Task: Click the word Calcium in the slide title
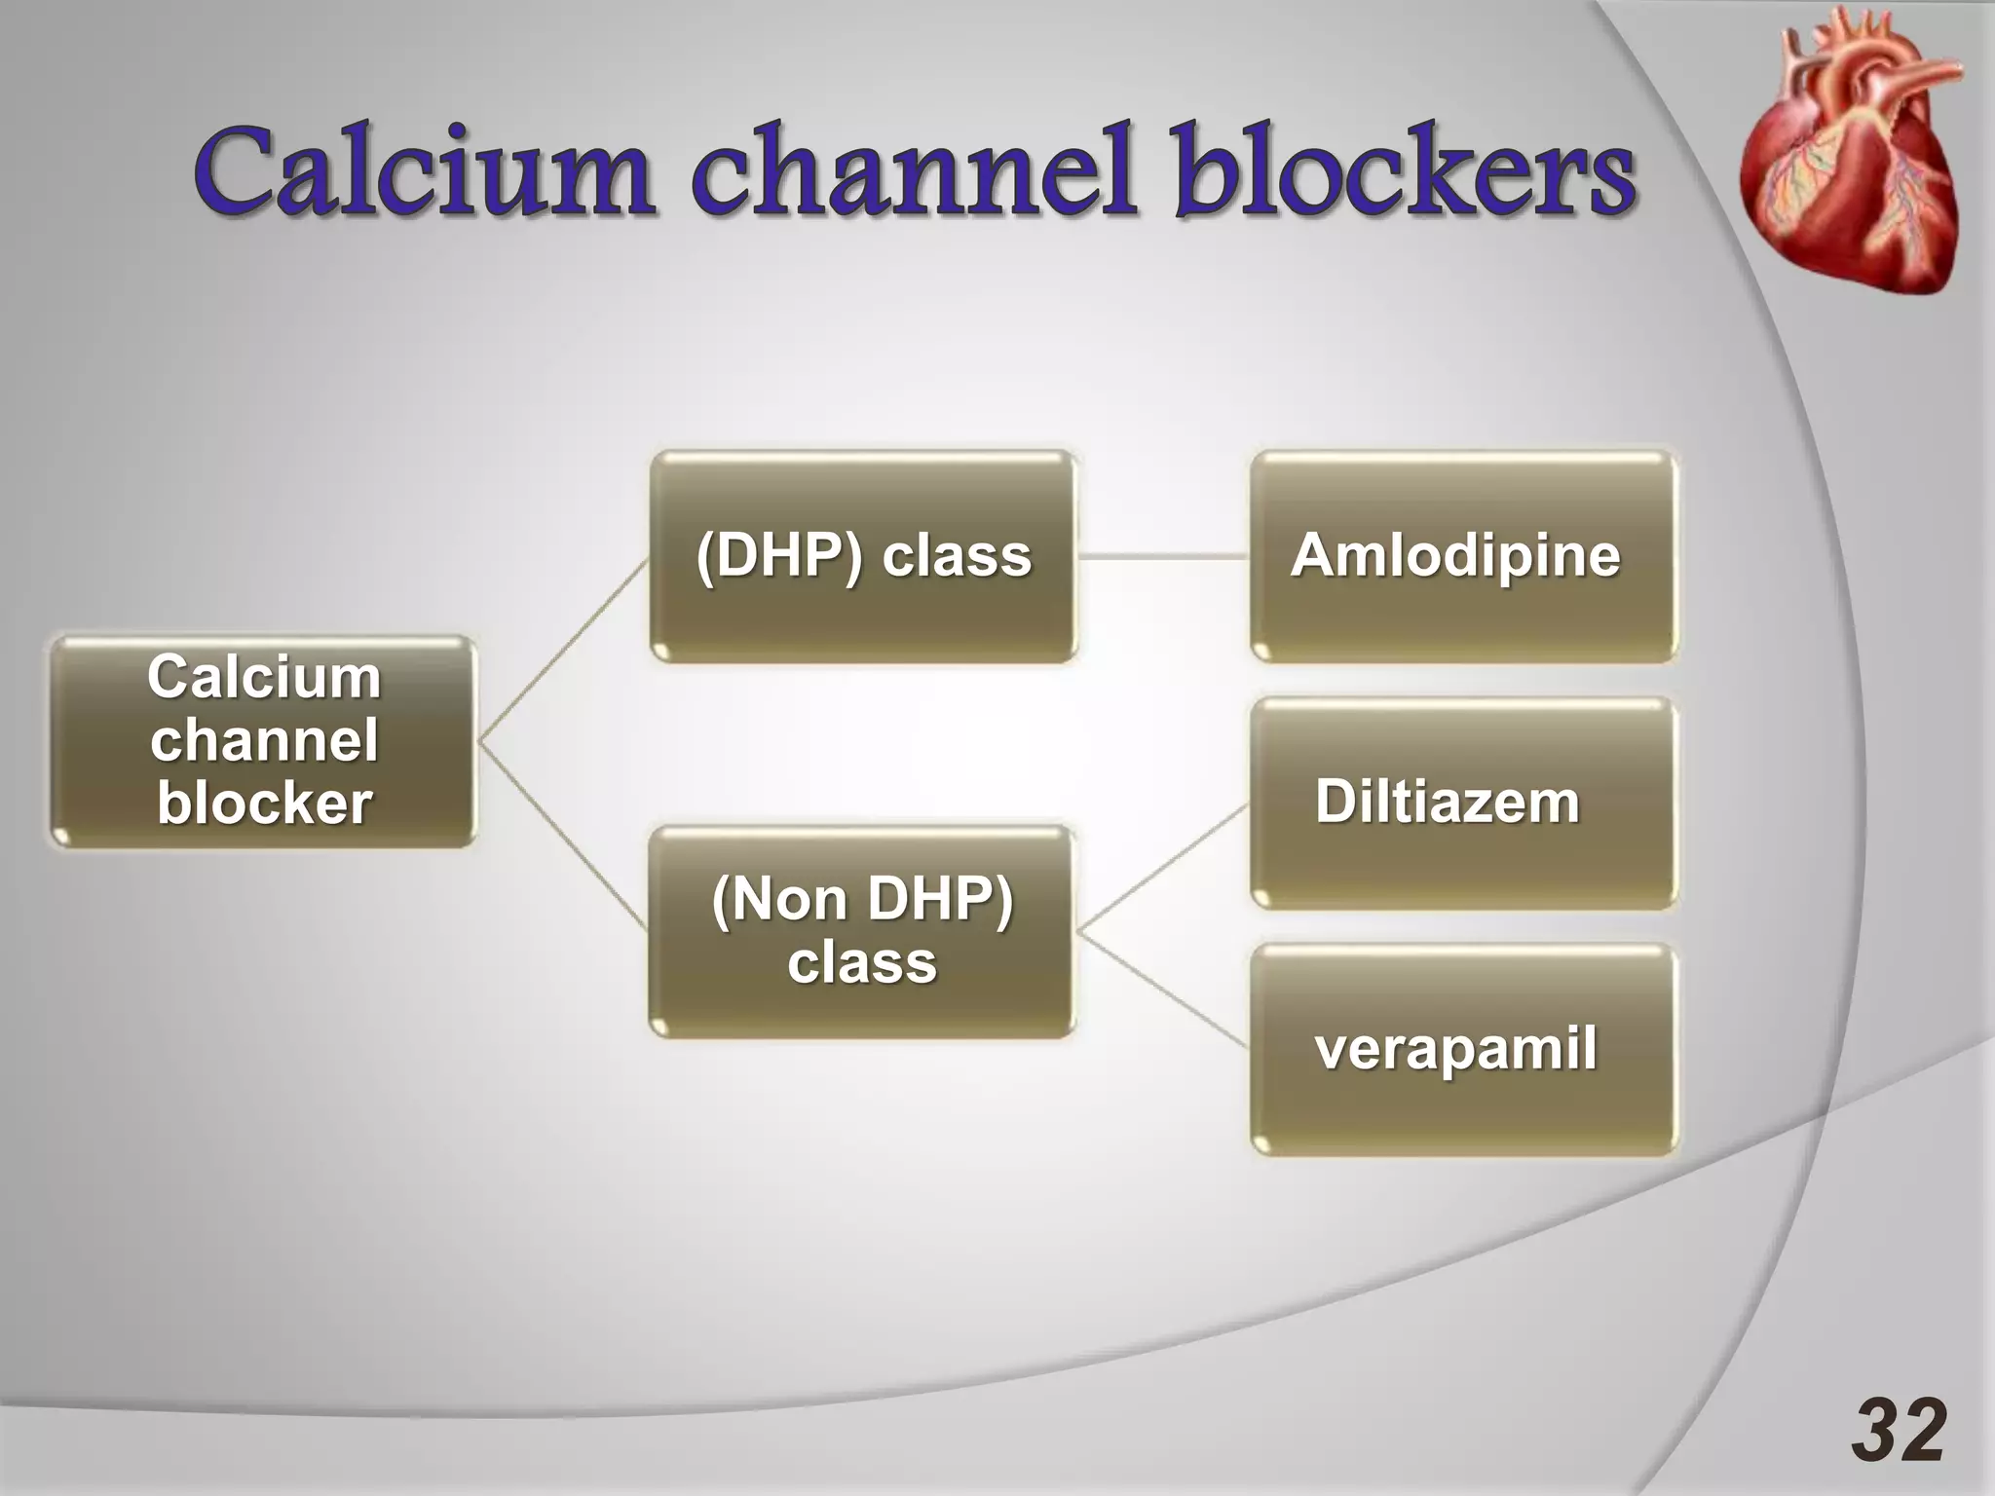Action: pyautogui.click(x=422, y=171)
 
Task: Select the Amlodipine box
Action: pyautogui.click(x=1463, y=557)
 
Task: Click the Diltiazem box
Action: pyautogui.click(x=1463, y=804)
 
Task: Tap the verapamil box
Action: pyautogui.click(x=1463, y=1050)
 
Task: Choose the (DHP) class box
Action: pyautogui.click(x=863, y=557)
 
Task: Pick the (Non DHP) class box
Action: pyautogui.click(x=863, y=932)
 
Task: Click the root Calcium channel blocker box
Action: pyautogui.click(x=263, y=742)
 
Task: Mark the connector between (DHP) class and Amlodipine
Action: pyautogui.click(x=1163, y=557)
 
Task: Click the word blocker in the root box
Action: pyautogui.click(x=264, y=804)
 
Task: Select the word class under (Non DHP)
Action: pyautogui.click(x=862, y=963)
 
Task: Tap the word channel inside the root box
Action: pyautogui.click(x=264, y=740)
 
